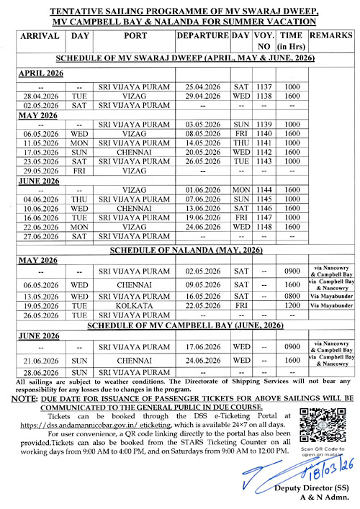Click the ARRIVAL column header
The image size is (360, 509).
point(40,35)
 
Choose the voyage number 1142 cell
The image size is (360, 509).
point(264,153)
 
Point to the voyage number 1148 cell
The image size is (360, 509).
point(264,225)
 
